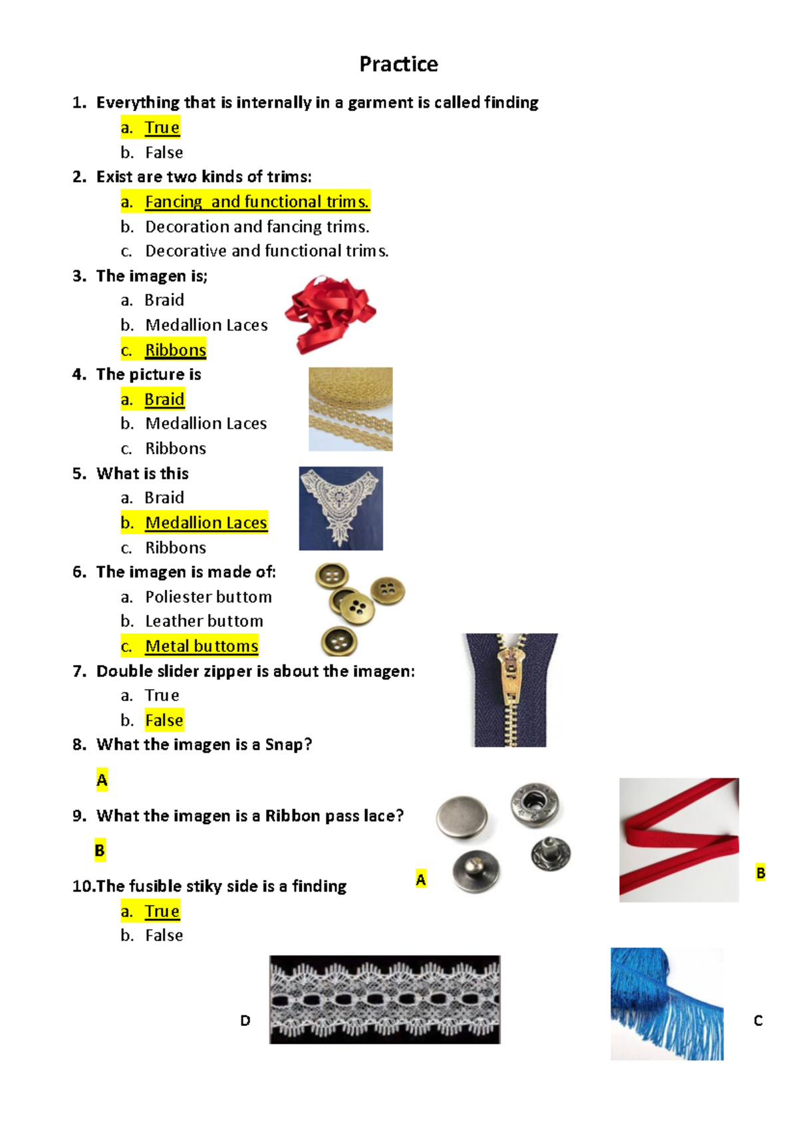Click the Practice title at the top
[x=398, y=64]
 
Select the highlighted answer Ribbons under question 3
[x=176, y=350]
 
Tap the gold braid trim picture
[x=350, y=409]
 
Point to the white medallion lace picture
[x=340, y=508]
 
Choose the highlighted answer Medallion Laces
[x=206, y=523]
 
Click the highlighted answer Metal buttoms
[x=201, y=646]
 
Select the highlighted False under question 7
[x=164, y=720]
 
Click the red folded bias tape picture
[x=678, y=839]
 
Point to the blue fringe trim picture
[x=666, y=1003]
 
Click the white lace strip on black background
[x=384, y=999]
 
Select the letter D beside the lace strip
[x=245, y=1021]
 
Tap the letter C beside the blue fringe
[x=758, y=1021]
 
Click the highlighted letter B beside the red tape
[x=760, y=872]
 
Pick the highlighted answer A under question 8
[x=102, y=779]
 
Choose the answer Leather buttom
[x=204, y=621]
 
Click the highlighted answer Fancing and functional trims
[x=257, y=201]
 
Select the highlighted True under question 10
[x=162, y=911]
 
